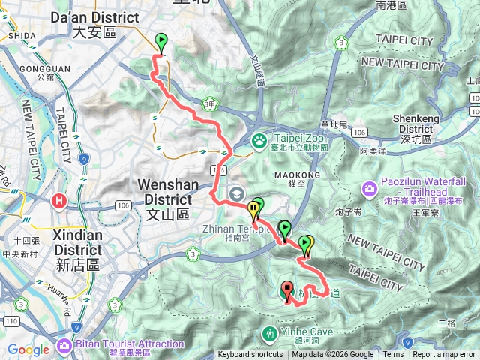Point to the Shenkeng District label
[425, 123]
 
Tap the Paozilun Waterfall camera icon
[368, 187]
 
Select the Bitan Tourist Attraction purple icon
[64, 346]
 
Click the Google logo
[28, 349]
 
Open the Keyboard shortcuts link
[250, 355]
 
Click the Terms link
[393, 355]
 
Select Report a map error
[444, 355]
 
